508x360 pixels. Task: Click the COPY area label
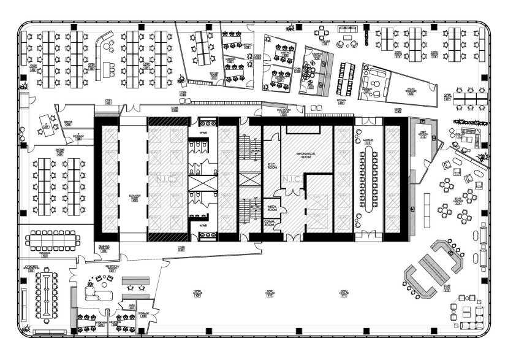point(108,101)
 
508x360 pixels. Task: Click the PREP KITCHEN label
point(423,134)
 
